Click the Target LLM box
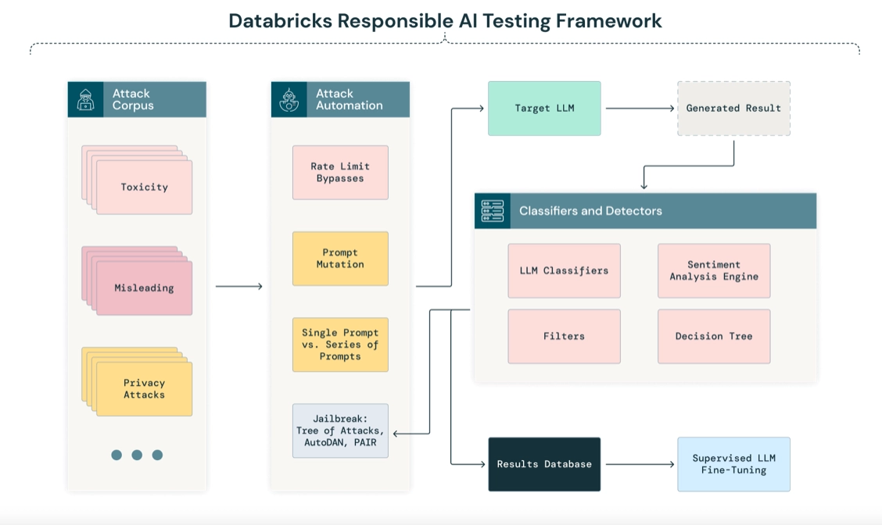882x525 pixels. pos(544,109)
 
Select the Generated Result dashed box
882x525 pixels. pos(733,109)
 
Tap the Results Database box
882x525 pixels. pos(544,464)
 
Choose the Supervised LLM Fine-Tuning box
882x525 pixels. pos(733,464)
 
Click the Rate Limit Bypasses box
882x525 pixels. pos(340,173)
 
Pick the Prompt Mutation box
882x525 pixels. pos(340,259)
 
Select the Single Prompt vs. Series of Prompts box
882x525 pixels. pos(340,345)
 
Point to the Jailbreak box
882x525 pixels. pos(340,430)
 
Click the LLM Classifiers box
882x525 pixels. pos(565,271)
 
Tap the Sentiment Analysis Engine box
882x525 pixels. pos(714,271)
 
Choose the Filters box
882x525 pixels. pos(565,336)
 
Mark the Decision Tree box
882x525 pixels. pos(714,336)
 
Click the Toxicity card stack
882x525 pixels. pos(138,180)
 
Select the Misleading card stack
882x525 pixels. pos(138,280)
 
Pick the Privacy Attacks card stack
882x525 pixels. pos(138,382)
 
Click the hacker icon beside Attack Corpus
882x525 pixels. pos(85,99)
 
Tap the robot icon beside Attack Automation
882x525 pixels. pos(289,99)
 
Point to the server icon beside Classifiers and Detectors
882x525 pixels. pos(493,211)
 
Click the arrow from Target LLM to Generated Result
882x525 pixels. pos(640,109)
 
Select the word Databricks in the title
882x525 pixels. pos(280,21)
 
